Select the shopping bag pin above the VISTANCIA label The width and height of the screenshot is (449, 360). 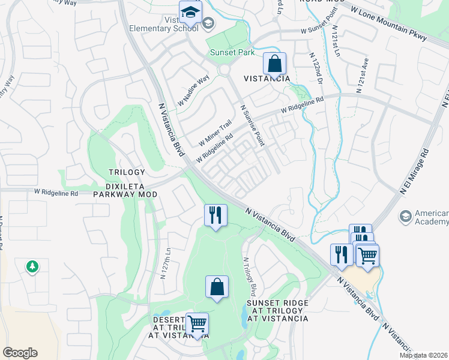pyautogui.click(x=274, y=64)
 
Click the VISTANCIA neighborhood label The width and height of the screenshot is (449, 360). pyautogui.click(x=267, y=79)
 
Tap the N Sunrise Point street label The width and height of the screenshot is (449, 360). pyautogui.click(x=253, y=125)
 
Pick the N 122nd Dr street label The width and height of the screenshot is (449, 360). pyautogui.click(x=316, y=68)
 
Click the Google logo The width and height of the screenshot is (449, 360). pyautogui.click(x=20, y=353)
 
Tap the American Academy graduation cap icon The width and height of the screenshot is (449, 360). pyautogui.click(x=406, y=215)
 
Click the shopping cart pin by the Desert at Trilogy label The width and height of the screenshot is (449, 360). pyautogui.click(x=197, y=324)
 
